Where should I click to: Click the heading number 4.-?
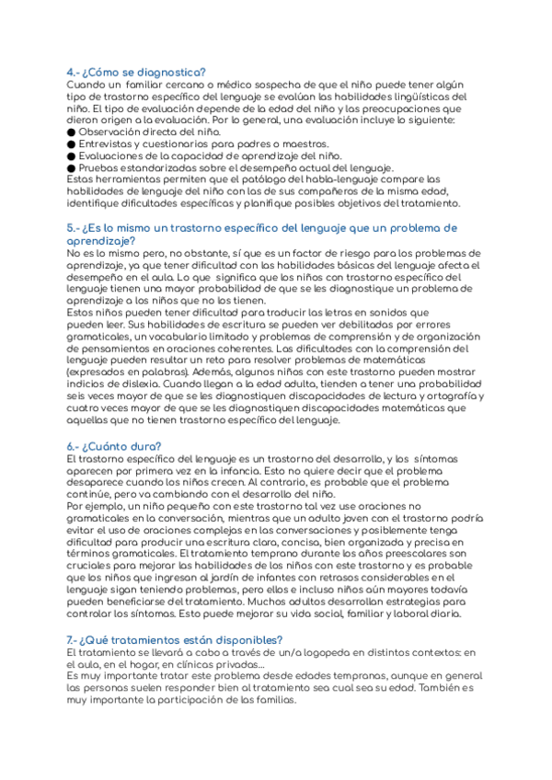[x=73, y=73]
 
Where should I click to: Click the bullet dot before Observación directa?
[x=72, y=132]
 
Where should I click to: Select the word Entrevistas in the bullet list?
[x=105, y=144]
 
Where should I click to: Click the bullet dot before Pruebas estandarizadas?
[x=72, y=167]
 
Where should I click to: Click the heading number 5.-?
[x=73, y=227]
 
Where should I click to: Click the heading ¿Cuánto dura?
[x=121, y=446]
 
